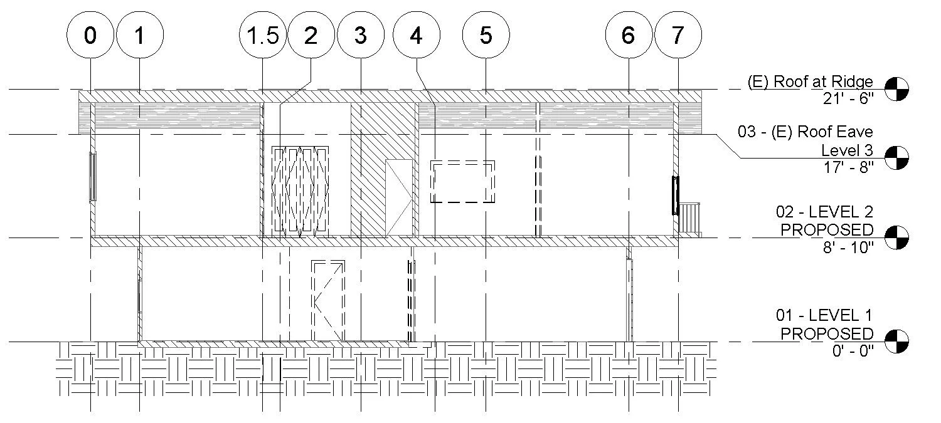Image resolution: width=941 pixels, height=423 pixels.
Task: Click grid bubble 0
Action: point(90,36)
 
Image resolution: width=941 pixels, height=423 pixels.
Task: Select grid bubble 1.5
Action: point(263,36)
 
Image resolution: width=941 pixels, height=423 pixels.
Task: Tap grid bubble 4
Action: point(416,36)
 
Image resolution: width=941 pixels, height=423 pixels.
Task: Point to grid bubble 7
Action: point(678,36)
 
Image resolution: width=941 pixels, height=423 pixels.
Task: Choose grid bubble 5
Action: point(486,36)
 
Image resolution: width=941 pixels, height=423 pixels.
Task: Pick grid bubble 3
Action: point(360,36)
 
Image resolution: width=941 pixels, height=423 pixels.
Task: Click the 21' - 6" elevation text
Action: point(846,98)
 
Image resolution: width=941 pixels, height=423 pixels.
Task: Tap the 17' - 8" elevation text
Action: point(848,167)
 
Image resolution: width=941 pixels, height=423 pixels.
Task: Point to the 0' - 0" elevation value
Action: point(849,351)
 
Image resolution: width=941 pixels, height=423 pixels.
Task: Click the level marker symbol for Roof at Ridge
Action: point(896,88)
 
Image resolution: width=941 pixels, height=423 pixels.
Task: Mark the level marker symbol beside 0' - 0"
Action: point(896,341)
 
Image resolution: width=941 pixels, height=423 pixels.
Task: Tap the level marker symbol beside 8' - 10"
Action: point(896,238)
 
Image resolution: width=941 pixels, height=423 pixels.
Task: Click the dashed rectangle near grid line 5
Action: point(462,182)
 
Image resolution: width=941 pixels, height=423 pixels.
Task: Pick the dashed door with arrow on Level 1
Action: point(328,301)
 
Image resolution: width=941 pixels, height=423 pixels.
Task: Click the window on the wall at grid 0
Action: point(93,177)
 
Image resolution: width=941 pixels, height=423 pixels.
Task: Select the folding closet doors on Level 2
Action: point(300,190)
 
